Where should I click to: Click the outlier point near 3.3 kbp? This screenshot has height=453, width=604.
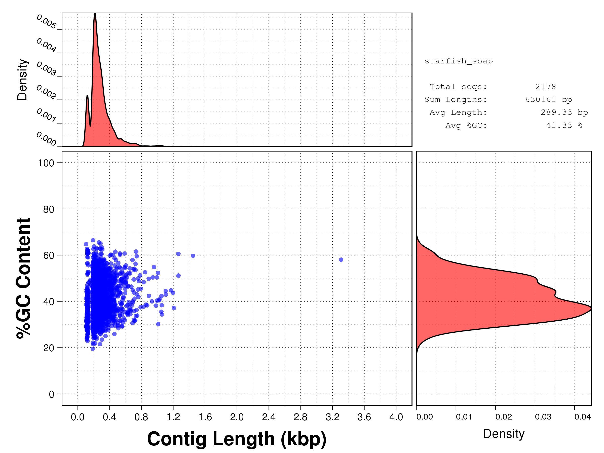click(341, 260)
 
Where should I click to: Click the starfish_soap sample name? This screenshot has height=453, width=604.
click(459, 61)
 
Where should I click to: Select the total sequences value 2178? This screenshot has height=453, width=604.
click(546, 87)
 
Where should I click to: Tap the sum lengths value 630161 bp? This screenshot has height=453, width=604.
click(548, 99)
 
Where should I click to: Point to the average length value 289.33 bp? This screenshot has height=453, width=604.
click(564, 112)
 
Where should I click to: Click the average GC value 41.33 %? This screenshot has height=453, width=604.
click(564, 125)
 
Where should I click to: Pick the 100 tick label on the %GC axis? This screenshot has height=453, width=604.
click(46, 163)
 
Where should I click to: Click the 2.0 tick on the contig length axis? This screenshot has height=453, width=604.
click(237, 417)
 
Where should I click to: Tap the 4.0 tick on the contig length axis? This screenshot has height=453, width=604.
click(396, 417)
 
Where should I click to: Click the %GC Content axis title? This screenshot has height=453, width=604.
click(23, 278)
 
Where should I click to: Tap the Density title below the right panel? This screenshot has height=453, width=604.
click(504, 434)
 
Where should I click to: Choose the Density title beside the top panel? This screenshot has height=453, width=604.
click(22, 80)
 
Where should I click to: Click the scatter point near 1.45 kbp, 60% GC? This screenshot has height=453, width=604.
click(193, 256)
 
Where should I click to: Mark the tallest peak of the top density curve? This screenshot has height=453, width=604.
click(95, 13)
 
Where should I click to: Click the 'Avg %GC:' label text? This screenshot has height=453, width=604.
click(466, 125)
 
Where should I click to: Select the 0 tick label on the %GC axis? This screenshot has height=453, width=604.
click(51, 394)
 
